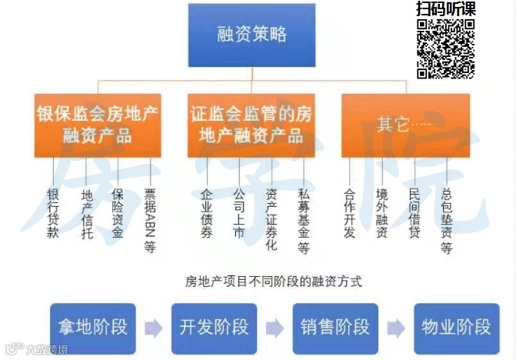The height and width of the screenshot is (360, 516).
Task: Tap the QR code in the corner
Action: pyautogui.click(x=446, y=48)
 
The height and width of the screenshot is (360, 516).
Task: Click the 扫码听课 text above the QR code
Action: pyautogui.click(x=446, y=9)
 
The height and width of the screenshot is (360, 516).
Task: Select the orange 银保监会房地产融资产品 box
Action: pyautogui.click(x=98, y=125)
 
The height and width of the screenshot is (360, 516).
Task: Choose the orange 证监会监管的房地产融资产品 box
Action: pyautogui.click(x=251, y=125)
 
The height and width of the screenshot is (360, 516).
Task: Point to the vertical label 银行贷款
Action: pyautogui.click(x=53, y=212)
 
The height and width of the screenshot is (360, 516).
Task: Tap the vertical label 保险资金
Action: pyautogui.click(x=118, y=212)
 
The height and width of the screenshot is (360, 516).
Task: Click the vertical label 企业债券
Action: pyautogui.click(x=206, y=212)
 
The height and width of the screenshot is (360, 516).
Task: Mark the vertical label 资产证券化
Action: pyautogui.click(x=271, y=219)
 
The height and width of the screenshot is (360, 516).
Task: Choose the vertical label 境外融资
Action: pyautogui.click(x=382, y=212)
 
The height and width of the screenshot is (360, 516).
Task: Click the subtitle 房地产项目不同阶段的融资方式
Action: pyautogui.click(x=274, y=282)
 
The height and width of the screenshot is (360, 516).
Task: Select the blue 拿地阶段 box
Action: pyautogui.click(x=92, y=326)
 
